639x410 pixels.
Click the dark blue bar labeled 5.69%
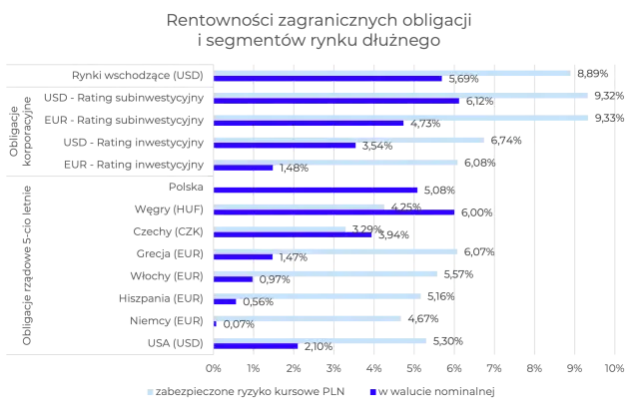click(x=329, y=79)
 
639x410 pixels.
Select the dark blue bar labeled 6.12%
click(x=337, y=101)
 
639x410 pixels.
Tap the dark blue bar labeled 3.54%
click(x=286, y=146)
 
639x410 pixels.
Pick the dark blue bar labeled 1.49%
click(x=245, y=168)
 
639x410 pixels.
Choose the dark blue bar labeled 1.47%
click(x=244, y=257)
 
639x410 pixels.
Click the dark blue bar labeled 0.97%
click(x=234, y=279)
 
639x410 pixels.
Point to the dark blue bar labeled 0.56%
click(x=226, y=301)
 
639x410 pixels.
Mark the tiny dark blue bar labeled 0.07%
click(x=216, y=323)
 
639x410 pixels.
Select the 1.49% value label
click(x=295, y=168)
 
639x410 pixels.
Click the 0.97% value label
click(x=274, y=279)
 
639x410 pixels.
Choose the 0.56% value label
click(x=258, y=301)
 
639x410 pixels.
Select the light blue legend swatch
click(x=147, y=391)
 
